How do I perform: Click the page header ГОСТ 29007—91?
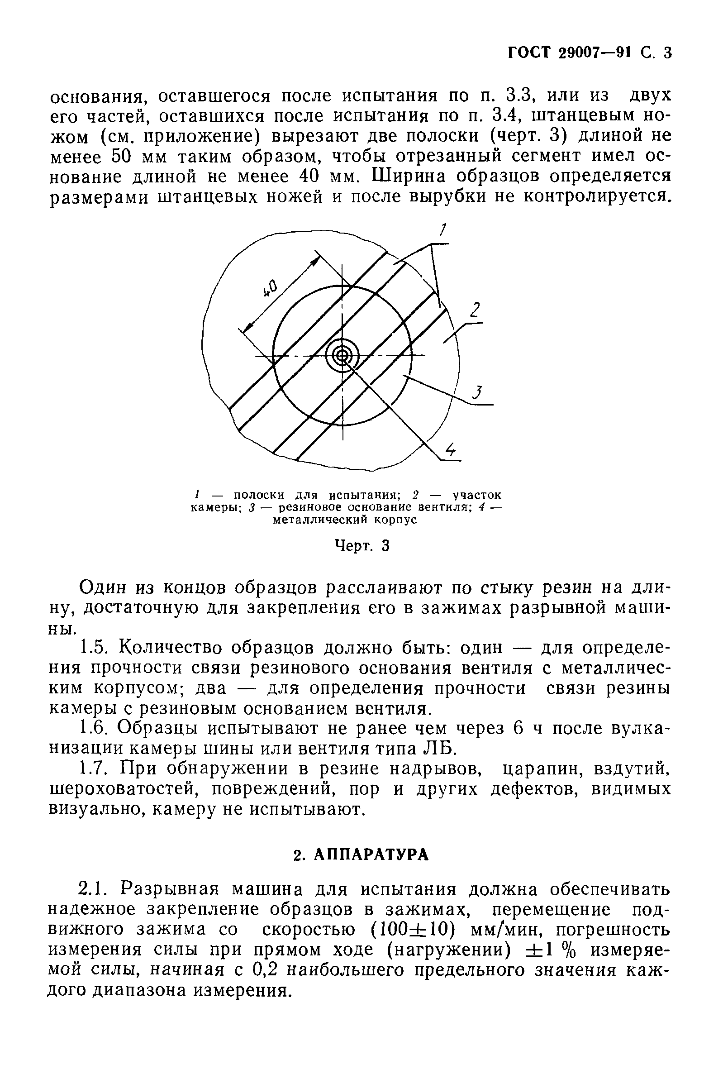569,53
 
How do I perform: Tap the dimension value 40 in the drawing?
270,288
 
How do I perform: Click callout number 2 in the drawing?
475,310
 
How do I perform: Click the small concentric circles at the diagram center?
342,356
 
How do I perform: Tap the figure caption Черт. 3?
361,546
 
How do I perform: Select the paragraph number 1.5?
94,648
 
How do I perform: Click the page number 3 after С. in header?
667,53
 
